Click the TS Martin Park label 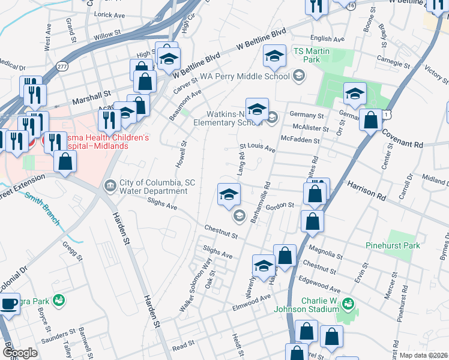pyautogui.click(x=311, y=56)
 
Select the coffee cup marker pyautogui.click(x=10, y=304)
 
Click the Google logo pyautogui.click(x=20, y=353)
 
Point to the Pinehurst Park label pyautogui.click(x=392, y=245)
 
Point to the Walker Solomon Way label pyautogui.click(x=196, y=285)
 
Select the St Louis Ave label pyautogui.click(x=257, y=146)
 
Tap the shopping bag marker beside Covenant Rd pyautogui.click(x=371, y=119)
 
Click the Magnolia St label pyautogui.click(x=324, y=251)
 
